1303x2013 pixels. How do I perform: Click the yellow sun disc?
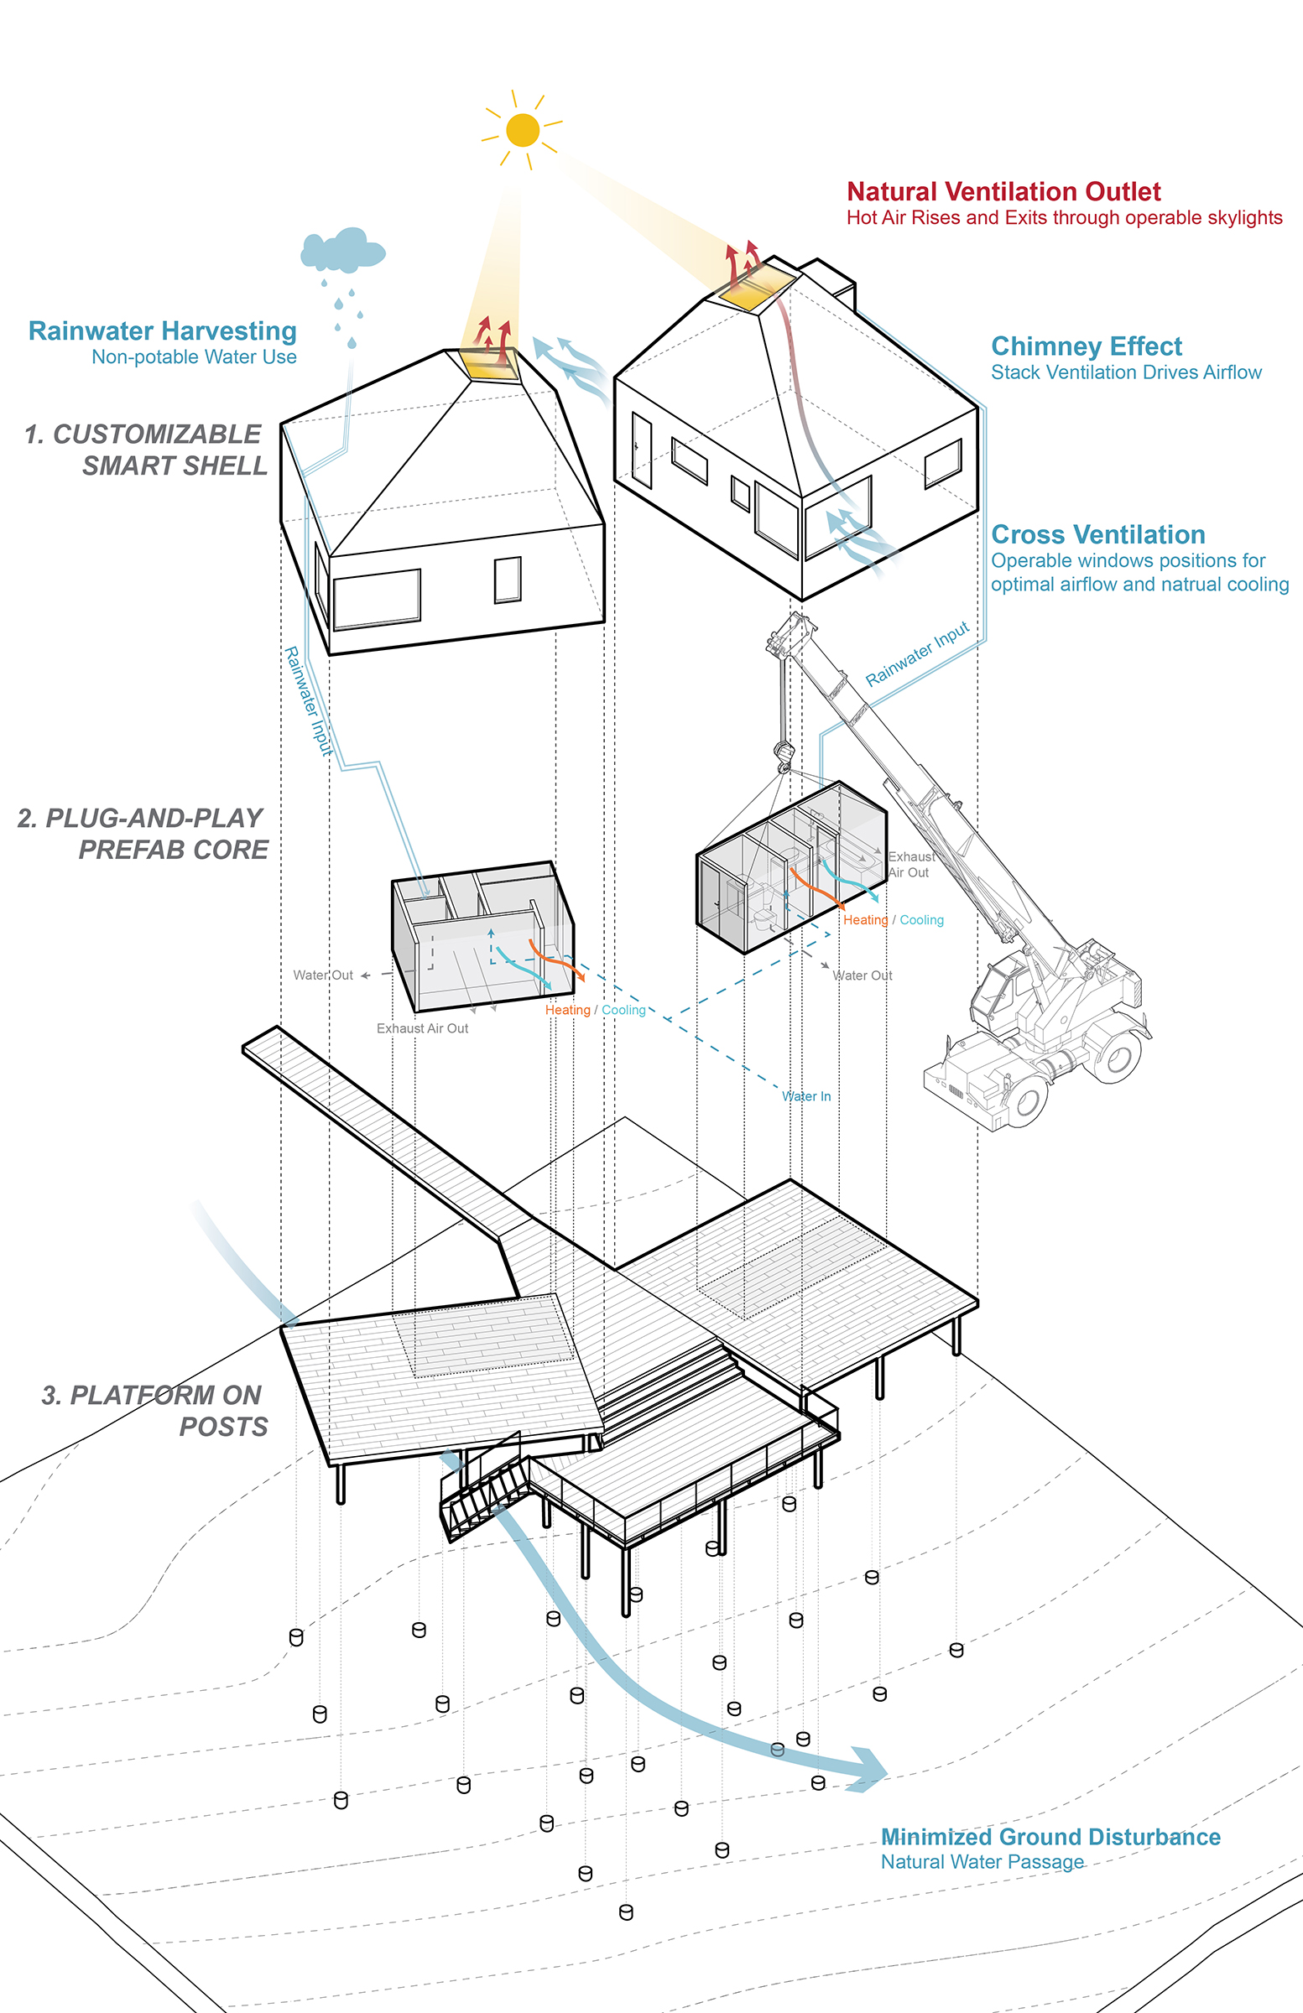click(523, 130)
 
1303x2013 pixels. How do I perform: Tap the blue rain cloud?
click(341, 249)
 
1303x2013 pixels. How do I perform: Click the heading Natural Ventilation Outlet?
click(1003, 192)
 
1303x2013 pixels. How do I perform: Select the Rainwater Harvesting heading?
click(163, 330)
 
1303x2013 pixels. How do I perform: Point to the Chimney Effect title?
click(1087, 346)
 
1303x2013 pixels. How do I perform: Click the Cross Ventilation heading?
click(1098, 534)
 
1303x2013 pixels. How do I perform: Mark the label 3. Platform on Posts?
click(154, 1411)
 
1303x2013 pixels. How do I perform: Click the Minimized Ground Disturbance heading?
click(1050, 1837)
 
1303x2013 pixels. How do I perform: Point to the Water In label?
click(805, 1096)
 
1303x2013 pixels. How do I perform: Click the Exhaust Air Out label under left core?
click(422, 1028)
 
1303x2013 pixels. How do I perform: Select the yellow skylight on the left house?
click(489, 364)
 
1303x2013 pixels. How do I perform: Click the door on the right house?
click(641, 450)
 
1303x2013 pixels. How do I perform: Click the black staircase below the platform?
click(482, 1495)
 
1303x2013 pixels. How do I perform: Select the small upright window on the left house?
click(507, 580)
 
